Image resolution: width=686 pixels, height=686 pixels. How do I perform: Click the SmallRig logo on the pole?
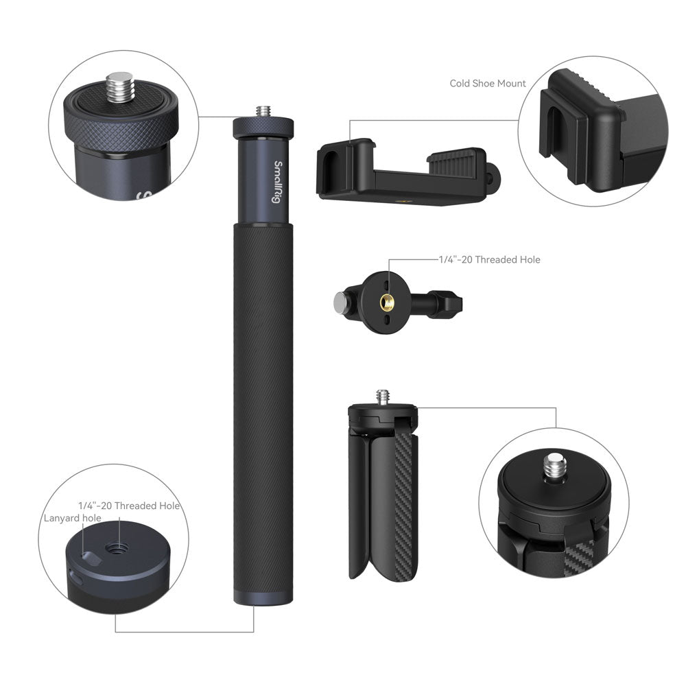click(x=277, y=182)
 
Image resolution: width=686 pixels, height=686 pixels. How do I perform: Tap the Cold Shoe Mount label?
click(x=487, y=83)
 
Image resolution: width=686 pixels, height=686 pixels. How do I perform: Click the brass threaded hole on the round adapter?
click(x=387, y=301)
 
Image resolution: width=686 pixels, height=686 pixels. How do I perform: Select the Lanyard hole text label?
click(x=72, y=518)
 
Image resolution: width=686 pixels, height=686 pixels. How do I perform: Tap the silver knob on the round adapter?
click(x=340, y=303)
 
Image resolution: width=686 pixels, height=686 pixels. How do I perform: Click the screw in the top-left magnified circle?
click(x=118, y=88)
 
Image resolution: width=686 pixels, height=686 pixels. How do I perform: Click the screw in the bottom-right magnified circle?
click(x=554, y=467)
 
